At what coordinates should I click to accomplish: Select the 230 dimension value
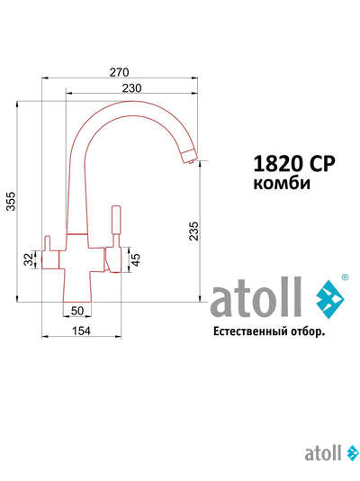point(132,87)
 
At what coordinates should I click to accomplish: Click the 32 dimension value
point(29,259)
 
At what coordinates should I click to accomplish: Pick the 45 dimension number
point(135,260)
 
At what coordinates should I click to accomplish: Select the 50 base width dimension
point(76,311)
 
